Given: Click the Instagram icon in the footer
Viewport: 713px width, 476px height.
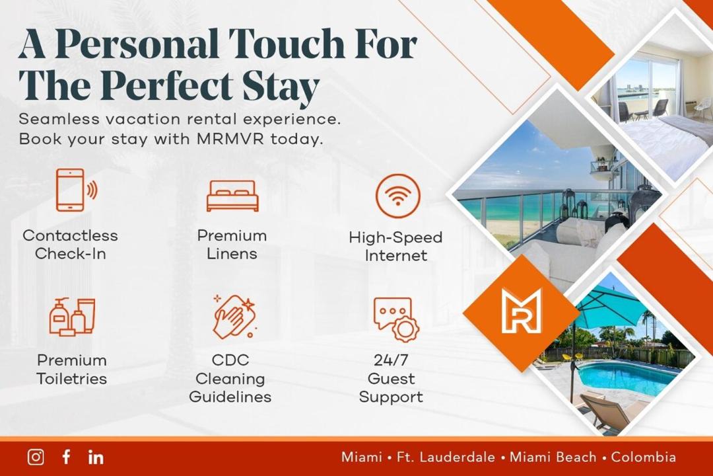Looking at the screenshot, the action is (36, 457).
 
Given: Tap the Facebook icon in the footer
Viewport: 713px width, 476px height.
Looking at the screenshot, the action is (67, 457).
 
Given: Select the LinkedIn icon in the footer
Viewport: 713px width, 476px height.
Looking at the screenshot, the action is (96, 457).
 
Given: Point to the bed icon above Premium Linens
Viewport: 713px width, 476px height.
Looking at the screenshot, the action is (232, 196).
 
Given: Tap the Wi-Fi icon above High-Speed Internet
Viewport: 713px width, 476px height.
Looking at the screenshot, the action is (398, 196).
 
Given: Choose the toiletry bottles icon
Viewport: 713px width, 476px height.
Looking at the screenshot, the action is (73, 317).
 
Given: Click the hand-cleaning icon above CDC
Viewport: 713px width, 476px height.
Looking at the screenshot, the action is (234, 316).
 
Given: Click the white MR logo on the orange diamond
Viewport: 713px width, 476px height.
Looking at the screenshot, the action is (522, 311).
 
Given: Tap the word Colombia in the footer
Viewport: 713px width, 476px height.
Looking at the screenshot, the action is (644, 457).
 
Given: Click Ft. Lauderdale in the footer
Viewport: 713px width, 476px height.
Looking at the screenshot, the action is (446, 457).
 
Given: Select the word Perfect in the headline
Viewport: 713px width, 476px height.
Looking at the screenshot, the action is (171, 86).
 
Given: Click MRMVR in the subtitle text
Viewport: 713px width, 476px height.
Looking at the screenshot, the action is (230, 138).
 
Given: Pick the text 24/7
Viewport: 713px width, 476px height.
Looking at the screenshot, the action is (391, 360).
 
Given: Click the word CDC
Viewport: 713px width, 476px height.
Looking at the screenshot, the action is (230, 360).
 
